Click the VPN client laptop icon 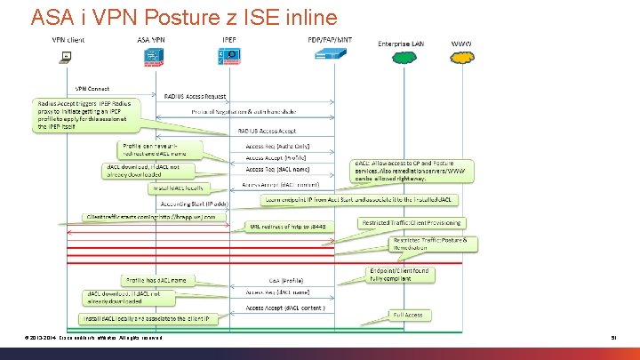pos(66,58)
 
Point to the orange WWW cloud pos(463,58)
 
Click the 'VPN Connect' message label pos(92,89)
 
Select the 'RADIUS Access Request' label pos(196,96)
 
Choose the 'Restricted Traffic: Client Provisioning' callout pos(412,222)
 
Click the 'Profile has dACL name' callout pos(156,280)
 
